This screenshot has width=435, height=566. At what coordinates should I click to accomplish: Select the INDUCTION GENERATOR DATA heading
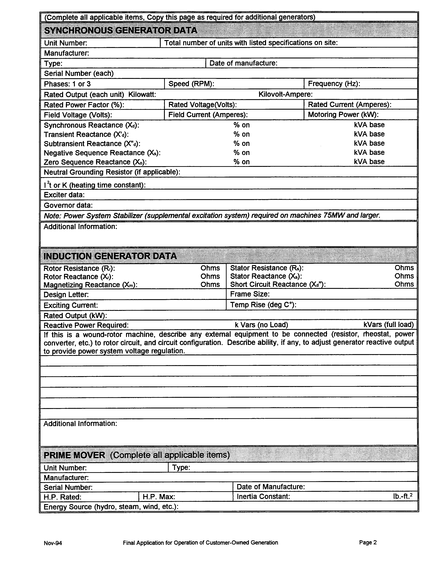(110, 256)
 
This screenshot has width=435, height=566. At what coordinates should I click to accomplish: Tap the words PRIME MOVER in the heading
(74, 455)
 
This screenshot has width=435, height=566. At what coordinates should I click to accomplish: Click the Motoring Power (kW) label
(343, 115)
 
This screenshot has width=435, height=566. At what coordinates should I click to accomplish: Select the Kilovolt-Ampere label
(285, 94)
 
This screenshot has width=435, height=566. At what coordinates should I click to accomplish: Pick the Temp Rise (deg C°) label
(263, 305)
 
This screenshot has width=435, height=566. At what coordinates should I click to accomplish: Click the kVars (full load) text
(388, 325)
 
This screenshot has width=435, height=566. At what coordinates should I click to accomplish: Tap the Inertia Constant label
(263, 497)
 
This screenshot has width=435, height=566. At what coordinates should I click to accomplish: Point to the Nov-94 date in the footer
(53, 543)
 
